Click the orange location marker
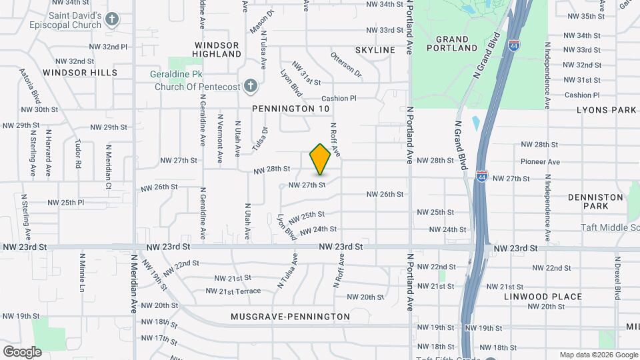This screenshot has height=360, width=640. point(320,159)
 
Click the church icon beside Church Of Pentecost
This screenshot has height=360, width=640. point(250,85)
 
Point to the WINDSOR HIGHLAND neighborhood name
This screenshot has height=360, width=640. point(217,49)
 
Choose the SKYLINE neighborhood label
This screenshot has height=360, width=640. point(375,50)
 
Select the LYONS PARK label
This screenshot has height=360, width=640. point(607,109)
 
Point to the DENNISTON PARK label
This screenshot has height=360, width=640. point(588,202)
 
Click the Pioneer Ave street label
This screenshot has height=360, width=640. point(540,162)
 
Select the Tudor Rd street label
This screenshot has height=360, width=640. point(78,154)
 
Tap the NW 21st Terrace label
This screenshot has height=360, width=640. point(233,291)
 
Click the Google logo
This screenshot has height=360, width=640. point(22,351)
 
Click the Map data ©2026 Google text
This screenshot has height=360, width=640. point(599,355)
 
